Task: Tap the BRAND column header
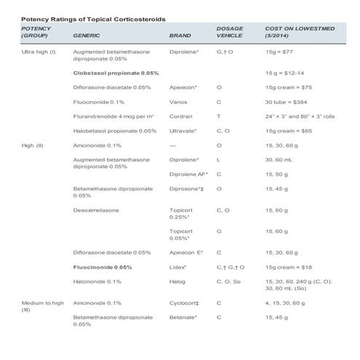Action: point(179,34)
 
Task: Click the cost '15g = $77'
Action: point(279,53)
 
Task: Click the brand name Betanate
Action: point(183,316)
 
